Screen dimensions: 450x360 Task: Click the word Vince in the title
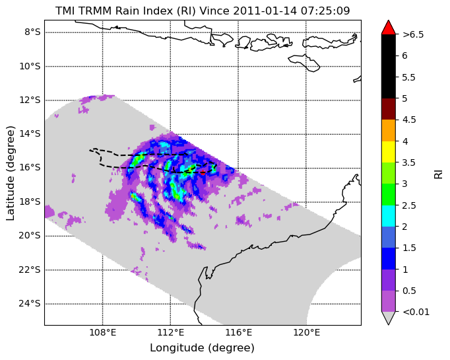(x=214, y=11)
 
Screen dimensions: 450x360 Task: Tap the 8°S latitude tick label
(x=32, y=32)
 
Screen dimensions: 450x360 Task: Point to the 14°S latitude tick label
(x=30, y=134)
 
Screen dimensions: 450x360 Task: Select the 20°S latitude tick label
(x=30, y=236)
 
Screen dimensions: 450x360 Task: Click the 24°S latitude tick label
(x=30, y=304)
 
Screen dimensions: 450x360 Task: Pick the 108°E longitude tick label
(x=103, y=333)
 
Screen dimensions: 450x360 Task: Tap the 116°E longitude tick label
(x=238, y=333)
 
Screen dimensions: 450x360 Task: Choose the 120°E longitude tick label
(x=306, y=333)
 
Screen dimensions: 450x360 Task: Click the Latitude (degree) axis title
(x=10, y=173)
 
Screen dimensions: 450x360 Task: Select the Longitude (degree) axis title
(x=203, y=348)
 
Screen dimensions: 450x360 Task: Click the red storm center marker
(x=203, y=172)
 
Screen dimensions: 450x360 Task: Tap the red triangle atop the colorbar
(x=389, y=28)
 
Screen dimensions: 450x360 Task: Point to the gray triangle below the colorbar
(x=389, y=317)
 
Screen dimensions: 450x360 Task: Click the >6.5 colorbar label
(x=413, y=35)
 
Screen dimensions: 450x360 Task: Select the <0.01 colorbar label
(x=416, y=312)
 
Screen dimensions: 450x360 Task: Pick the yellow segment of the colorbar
(x=389, y=152)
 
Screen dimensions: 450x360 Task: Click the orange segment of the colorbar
(x=389, y=130)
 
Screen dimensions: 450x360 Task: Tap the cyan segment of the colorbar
(x=389, y=216)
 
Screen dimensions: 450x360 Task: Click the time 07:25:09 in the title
(x=325, y=11)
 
